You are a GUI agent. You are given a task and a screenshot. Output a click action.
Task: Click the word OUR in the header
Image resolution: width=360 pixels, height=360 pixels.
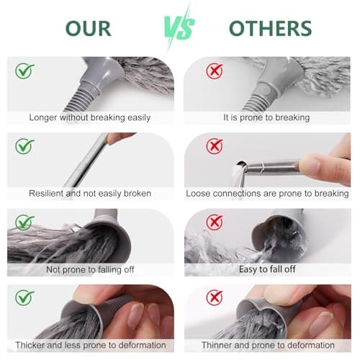89,28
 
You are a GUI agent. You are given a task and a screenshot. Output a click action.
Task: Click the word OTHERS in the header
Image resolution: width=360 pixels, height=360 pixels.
271,28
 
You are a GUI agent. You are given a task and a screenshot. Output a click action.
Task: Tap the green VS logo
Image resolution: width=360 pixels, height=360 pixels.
179,29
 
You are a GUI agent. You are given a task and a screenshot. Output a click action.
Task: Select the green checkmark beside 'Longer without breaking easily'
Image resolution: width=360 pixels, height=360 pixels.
24,71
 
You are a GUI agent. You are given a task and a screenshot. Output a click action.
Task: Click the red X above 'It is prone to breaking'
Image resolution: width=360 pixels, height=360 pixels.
215,71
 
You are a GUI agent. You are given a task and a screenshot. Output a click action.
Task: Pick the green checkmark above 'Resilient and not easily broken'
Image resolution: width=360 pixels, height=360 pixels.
24,146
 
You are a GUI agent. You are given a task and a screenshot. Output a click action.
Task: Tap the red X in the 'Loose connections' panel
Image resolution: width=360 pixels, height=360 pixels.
215,146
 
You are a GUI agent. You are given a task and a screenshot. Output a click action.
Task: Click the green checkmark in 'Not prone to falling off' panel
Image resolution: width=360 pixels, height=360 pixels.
24,222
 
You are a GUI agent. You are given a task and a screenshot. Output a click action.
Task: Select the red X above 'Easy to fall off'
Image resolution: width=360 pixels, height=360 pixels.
215,222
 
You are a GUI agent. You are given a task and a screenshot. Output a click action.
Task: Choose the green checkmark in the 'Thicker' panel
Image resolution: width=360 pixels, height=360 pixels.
24,297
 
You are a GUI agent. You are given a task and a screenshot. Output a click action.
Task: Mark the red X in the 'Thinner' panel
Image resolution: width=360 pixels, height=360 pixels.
215,297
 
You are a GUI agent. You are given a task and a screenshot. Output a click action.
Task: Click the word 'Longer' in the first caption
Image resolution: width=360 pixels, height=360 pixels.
43,118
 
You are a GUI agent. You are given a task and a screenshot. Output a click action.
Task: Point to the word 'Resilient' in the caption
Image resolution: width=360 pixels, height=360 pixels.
46,193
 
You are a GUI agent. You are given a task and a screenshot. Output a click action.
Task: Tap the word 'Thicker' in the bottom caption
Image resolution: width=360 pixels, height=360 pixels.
30,345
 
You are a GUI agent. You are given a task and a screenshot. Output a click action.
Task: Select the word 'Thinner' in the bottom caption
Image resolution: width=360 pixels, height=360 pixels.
217,345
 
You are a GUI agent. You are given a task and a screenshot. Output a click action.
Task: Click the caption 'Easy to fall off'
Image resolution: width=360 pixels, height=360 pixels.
267,269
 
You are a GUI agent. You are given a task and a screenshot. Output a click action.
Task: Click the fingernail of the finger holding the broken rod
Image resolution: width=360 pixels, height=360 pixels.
310,164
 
